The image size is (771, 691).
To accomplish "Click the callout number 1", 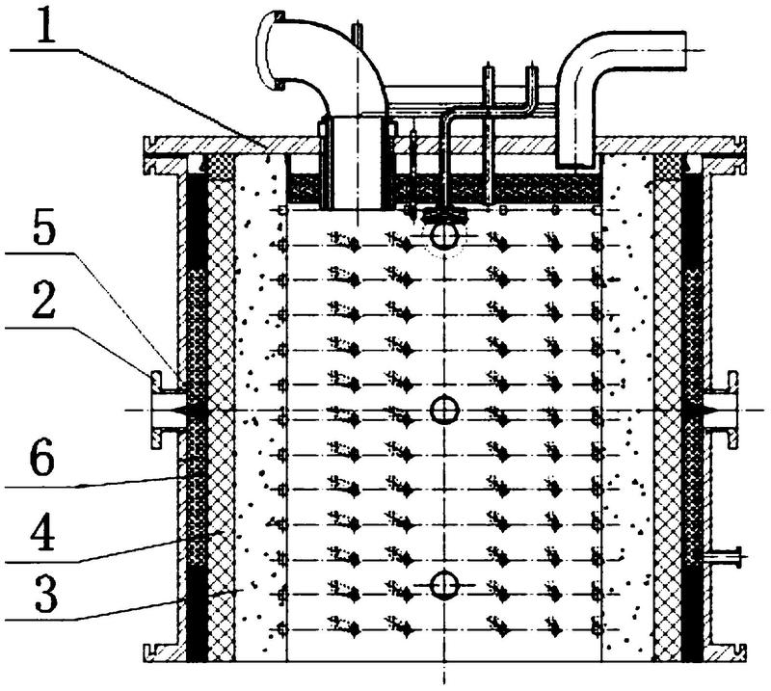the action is click(45, 25).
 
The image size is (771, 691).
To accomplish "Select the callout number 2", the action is click(43, 302).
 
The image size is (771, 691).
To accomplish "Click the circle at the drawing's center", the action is click(444, 410).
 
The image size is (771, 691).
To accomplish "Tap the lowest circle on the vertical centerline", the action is click(444, 585).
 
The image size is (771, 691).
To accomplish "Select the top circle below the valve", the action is click(444, 236).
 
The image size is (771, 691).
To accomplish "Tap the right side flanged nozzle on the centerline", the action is click(721, 410).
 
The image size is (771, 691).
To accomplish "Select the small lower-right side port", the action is click(725, 557).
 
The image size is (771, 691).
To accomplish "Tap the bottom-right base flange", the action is click(726, 652).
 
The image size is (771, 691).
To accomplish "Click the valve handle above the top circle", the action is click(444, 212).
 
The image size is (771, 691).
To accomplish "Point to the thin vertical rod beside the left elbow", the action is click(358, 37).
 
